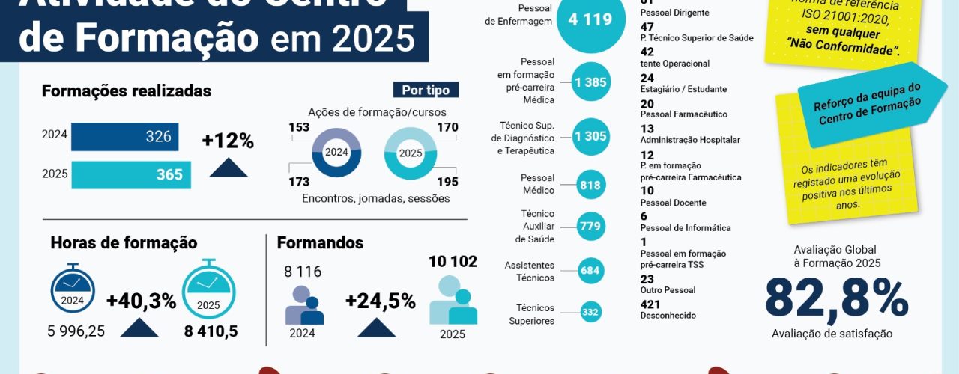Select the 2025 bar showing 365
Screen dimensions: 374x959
[132, 174]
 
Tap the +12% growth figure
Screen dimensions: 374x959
[228, 141]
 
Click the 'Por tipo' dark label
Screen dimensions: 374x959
[426, 91]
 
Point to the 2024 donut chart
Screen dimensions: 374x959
[336, 152]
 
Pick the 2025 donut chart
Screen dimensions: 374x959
[410, 153]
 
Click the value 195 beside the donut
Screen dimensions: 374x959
[447, 181]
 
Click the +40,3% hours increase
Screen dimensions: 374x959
[141, 301]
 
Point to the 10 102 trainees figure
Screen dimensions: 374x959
[453, 261]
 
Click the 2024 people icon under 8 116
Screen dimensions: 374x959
[303, 305]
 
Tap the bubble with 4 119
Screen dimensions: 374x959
[590, 20]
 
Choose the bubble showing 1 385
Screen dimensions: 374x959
[590, 82]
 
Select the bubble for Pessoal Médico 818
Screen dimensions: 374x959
[590, 185]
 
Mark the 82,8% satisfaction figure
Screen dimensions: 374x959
[836, 298]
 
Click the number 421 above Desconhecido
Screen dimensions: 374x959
[651, 304]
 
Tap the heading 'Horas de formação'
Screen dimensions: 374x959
[124, 243]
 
